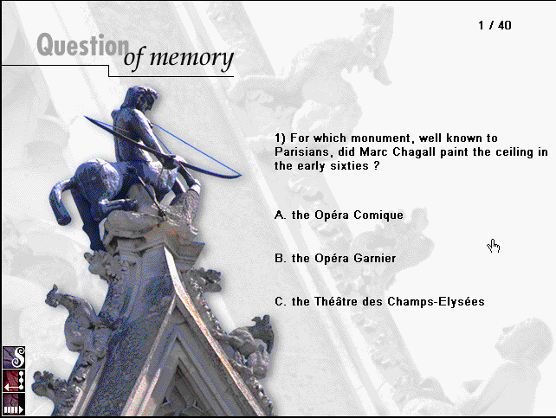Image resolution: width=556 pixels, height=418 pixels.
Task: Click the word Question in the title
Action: (x=83, y=45)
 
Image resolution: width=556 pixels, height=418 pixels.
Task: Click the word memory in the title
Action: (x=191, y=58)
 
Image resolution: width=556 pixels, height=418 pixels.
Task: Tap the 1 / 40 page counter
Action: (x=495, y=25)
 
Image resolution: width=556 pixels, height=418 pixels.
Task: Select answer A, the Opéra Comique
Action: (x=339, y=215)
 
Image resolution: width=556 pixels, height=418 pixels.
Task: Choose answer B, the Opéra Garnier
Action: (x=335, y=258)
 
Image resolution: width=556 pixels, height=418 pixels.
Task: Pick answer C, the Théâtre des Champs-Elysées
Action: (x=379, y=301)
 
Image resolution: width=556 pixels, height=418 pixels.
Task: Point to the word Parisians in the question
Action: (x=304, y=152)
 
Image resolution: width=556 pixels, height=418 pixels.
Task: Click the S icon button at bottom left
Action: (x=14, y=357)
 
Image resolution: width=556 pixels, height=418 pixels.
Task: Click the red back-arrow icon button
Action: (x=14, y=381)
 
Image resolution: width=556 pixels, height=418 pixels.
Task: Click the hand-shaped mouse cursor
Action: (x=494, y=246)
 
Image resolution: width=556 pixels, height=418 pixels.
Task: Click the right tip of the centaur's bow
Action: (x=241, y=175)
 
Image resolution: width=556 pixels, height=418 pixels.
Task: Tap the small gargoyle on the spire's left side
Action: (x=69, y=312)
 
